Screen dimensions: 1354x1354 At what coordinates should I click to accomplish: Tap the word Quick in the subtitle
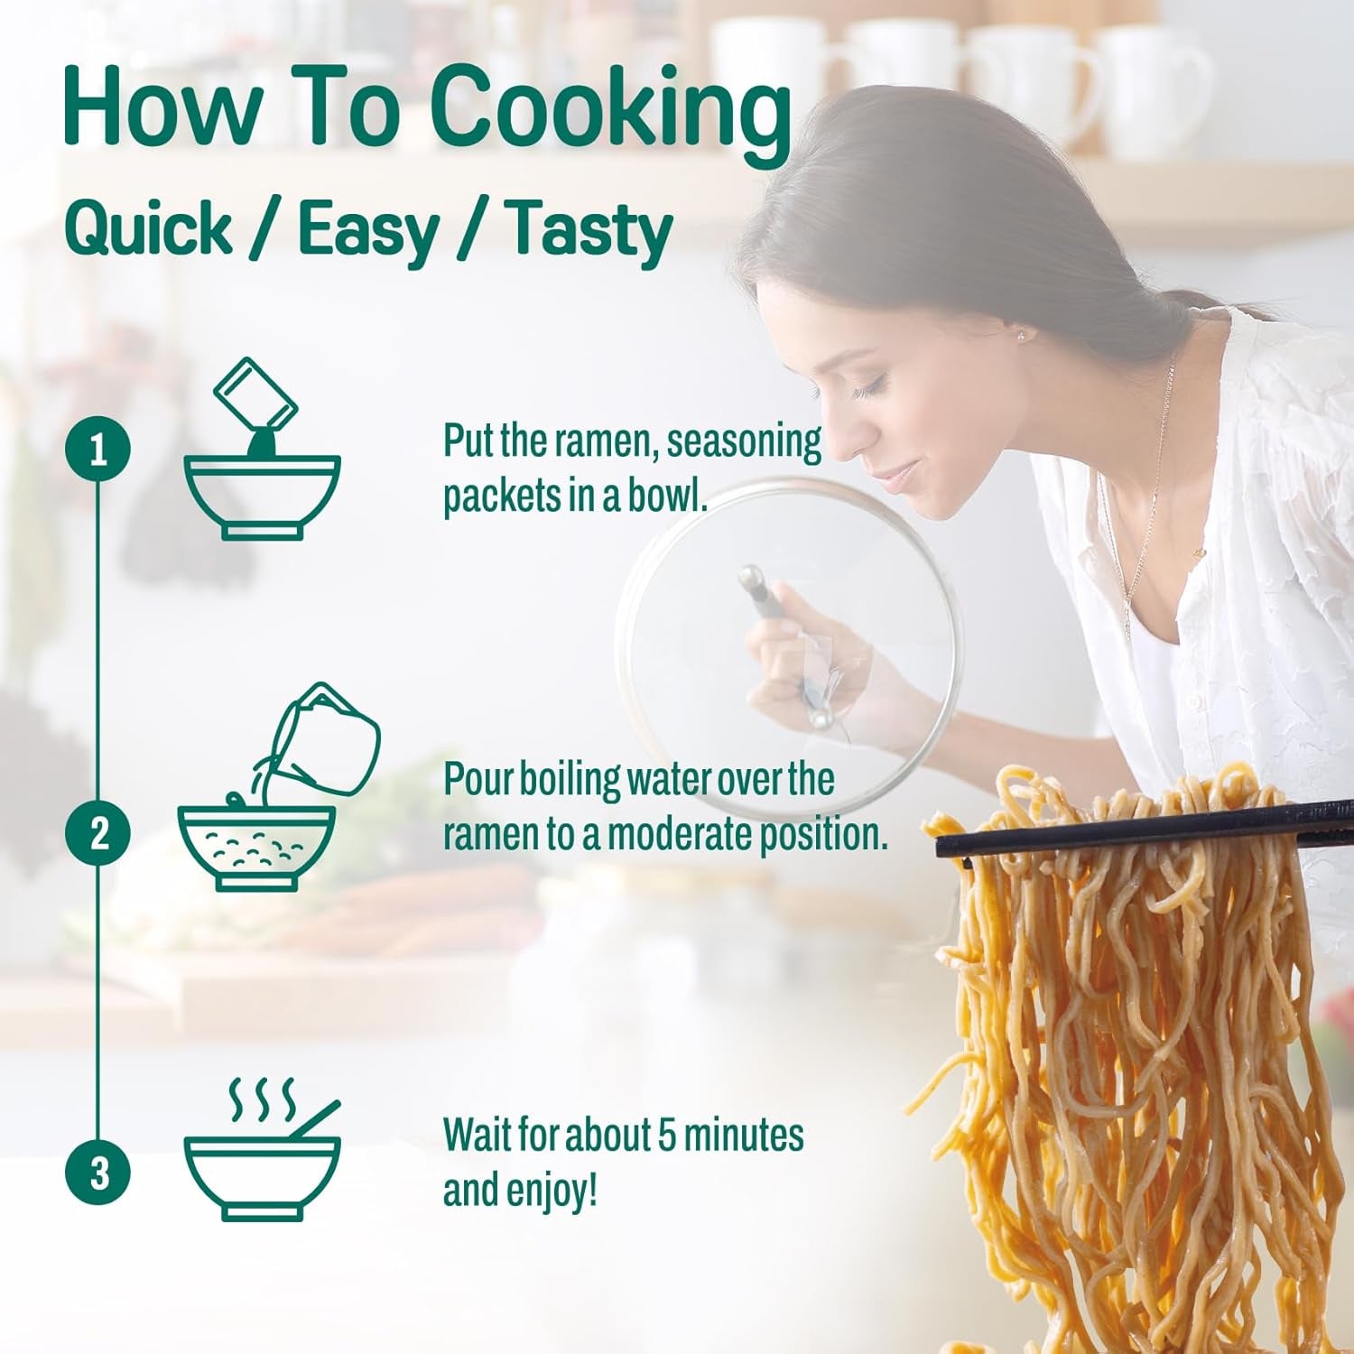[148, 230]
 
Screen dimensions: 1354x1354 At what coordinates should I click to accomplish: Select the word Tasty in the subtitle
[589, 230]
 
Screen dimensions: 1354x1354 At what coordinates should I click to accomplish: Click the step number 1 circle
[98, 449]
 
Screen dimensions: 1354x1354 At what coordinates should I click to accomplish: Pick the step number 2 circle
[98, 832]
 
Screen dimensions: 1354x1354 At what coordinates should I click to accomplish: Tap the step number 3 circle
[98, 1173]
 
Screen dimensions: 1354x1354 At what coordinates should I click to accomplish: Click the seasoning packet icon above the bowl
[255, 397]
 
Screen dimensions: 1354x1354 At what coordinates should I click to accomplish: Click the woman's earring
[1020, 336]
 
